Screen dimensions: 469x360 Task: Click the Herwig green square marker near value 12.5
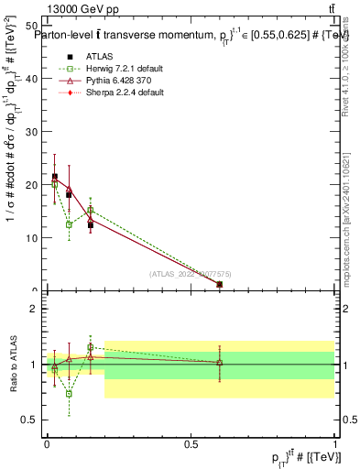tap(69, 224)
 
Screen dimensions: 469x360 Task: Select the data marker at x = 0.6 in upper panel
tap(219, 285)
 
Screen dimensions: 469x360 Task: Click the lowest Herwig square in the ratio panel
tap(69, 394)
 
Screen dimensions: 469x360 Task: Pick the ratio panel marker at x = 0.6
tap(219, 363)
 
